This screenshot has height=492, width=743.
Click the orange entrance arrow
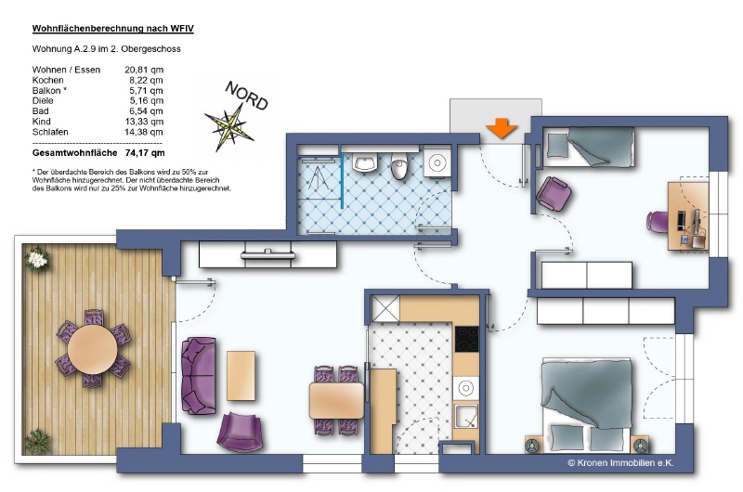coord(502,127)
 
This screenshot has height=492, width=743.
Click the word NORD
coord(246,97)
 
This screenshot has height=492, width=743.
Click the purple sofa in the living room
coord(198,376)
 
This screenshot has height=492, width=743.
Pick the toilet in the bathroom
coord(400,166)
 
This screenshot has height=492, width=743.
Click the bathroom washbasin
coord(364,163)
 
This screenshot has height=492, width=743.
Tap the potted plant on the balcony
coord(36,258)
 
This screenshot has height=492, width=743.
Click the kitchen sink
coord(466,415)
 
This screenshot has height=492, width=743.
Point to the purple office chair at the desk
coord(658,222)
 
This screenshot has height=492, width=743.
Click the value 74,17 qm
coord(145,153)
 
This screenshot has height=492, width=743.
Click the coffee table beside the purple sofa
coord(241,375)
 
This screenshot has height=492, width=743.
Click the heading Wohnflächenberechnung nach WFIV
coord(112,29)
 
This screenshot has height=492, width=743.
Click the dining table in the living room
coord(336,400)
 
